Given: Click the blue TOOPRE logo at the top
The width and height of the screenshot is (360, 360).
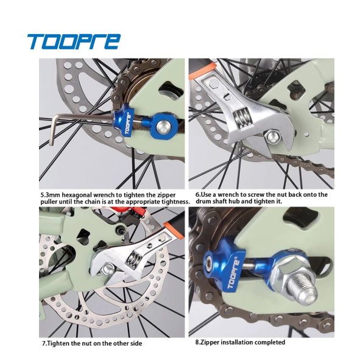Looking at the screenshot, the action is point(74,41).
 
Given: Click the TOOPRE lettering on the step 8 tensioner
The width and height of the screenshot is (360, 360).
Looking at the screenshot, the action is point(233,275).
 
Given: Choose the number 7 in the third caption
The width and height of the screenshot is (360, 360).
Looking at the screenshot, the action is point(44,344).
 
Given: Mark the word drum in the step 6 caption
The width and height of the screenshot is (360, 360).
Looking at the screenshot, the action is point(203,202).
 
